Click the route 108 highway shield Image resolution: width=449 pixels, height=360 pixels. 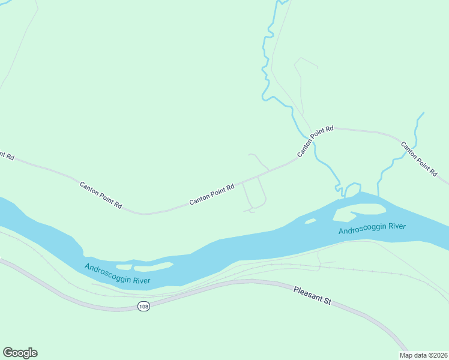tap(143, 307)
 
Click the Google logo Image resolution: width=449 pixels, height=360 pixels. tap(20, 353)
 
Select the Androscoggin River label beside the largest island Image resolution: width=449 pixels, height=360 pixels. tap(372, 229)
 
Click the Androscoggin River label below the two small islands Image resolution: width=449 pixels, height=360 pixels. tap(117, 274)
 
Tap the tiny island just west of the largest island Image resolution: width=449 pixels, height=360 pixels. tap(310, 221)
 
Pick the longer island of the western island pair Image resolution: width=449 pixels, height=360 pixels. tap(153, 265)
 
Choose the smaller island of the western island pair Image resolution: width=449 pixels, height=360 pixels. tap(124, 266)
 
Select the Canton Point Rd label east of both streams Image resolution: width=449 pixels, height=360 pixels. tap(418, 158)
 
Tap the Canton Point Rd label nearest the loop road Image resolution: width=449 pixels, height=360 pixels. tap(211, 194)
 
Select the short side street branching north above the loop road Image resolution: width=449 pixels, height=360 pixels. tap(259, 161)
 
